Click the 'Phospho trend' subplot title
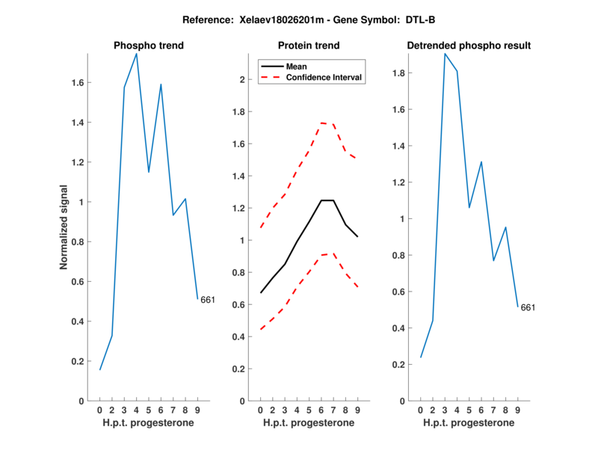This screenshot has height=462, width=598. pos(148,46)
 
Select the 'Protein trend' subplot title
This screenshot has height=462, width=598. pos(308,46)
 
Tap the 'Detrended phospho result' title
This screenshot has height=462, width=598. pos(469,46)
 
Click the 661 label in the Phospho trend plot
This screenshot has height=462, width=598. pos(208,300)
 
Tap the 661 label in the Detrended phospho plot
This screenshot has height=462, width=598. pos(528,307)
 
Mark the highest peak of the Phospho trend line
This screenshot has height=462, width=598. pos(136,54)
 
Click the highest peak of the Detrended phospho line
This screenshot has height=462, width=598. pos(445,54)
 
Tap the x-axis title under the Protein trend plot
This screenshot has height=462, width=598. pos(308,423)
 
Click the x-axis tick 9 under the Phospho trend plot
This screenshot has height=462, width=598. pos(197,410)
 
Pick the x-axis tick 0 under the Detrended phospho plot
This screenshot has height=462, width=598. pos(420,410)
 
